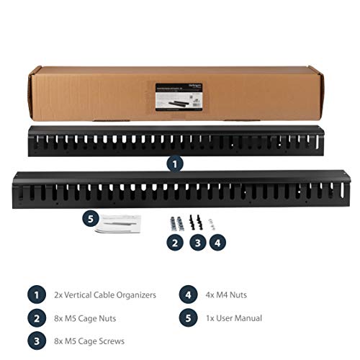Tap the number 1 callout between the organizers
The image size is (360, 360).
(x=175, y=163)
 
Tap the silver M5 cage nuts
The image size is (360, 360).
(x=175, y=223)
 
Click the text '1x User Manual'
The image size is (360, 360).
(x=233, y=318)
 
